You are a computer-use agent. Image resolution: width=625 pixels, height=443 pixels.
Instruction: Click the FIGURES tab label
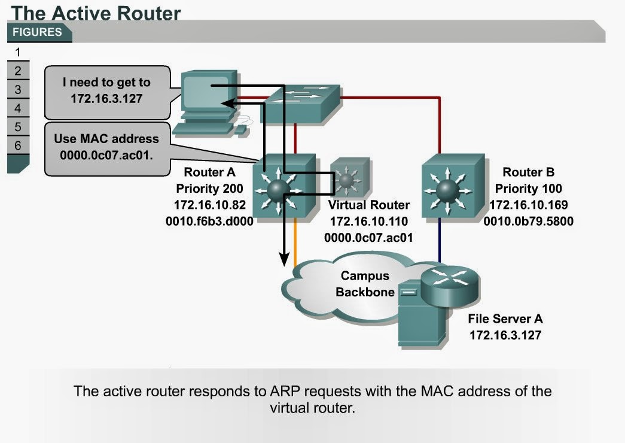tap(37, 32)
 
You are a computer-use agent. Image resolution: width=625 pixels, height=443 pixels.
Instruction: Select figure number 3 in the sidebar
tap(18, 90)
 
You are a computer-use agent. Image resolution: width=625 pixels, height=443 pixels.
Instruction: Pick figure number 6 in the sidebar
tap(18, 145)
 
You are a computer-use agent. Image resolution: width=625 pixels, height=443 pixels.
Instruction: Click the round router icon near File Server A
tap(449, 285)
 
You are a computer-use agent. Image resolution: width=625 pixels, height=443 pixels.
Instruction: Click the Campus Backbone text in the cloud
tap(364, 284)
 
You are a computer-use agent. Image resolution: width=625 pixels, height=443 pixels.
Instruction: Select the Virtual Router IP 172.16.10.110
tap(369, 221)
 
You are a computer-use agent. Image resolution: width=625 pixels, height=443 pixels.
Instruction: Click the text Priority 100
tap(529, 189)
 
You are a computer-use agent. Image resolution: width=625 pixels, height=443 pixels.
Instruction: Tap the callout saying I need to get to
tap(106, 90)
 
